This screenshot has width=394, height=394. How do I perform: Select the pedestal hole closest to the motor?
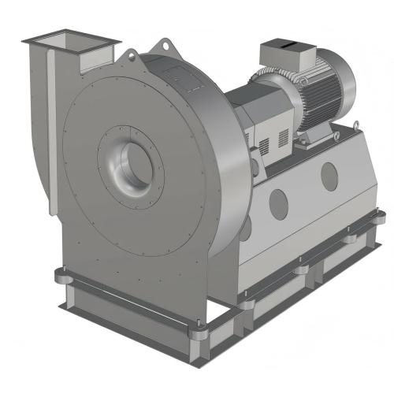coord(329,175)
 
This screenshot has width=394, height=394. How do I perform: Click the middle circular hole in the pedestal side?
coord(279,204)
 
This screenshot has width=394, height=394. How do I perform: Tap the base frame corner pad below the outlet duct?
coord(64,275)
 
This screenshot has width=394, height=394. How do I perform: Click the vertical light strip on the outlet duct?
coord(52,126)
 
